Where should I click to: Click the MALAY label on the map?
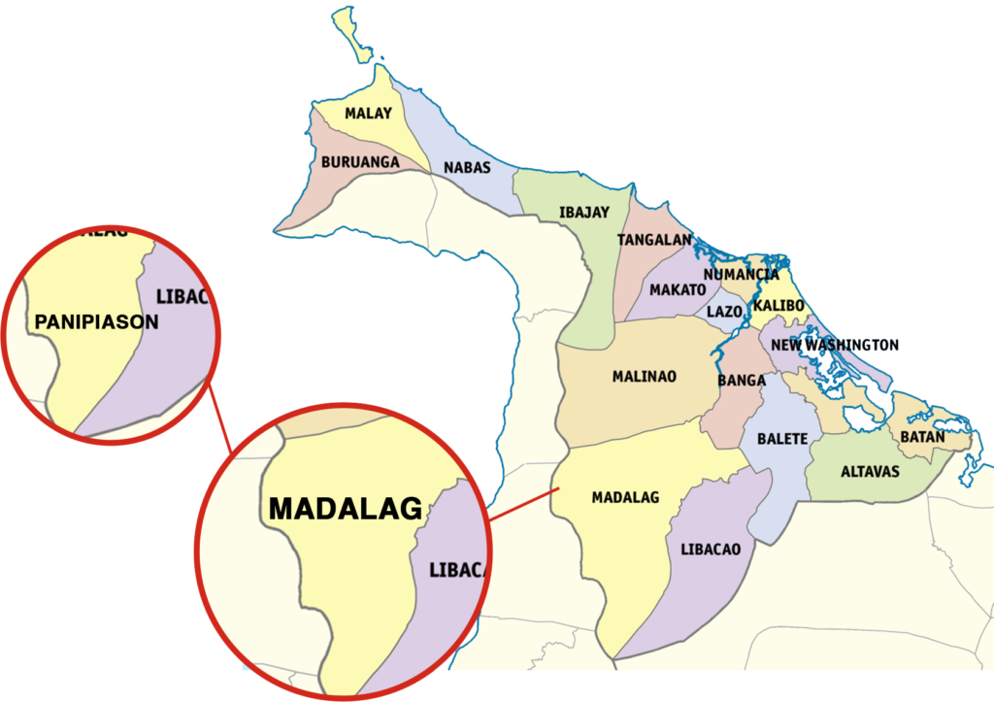click(x=369, y=113)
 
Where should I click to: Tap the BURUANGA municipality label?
click(x=360, y=162)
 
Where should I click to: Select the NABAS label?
click(x=467, y=167)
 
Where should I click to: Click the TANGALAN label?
click(x=654, y=240)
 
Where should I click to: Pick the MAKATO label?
click(x=678, y=289)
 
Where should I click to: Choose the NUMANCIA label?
click(x=742, y=275)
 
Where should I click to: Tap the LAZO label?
click(x=724, y=312)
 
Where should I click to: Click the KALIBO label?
click(x=779, y=306)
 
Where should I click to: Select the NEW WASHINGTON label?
click(x=835, y=345)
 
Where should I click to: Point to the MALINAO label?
click(x=645, y=376)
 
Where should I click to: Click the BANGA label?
click(x=742, y=381)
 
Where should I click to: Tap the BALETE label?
click(x=782, y=439)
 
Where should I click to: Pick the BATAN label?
click(x=922, y=437)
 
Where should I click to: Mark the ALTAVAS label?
click(x=870, y=472)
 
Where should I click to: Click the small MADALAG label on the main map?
click(x=625, y=497)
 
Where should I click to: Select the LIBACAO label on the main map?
click(x=711, y=549)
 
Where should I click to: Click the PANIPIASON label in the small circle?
click(x=96, y=321)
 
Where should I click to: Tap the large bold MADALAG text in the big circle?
click(x=346, y=508)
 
